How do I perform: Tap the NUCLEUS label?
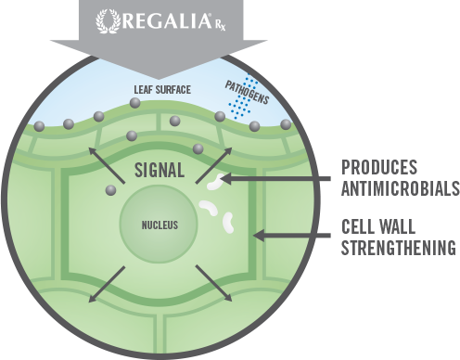[160, 225]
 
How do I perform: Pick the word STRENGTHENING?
[399, 249]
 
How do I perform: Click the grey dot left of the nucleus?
[111, 190]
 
